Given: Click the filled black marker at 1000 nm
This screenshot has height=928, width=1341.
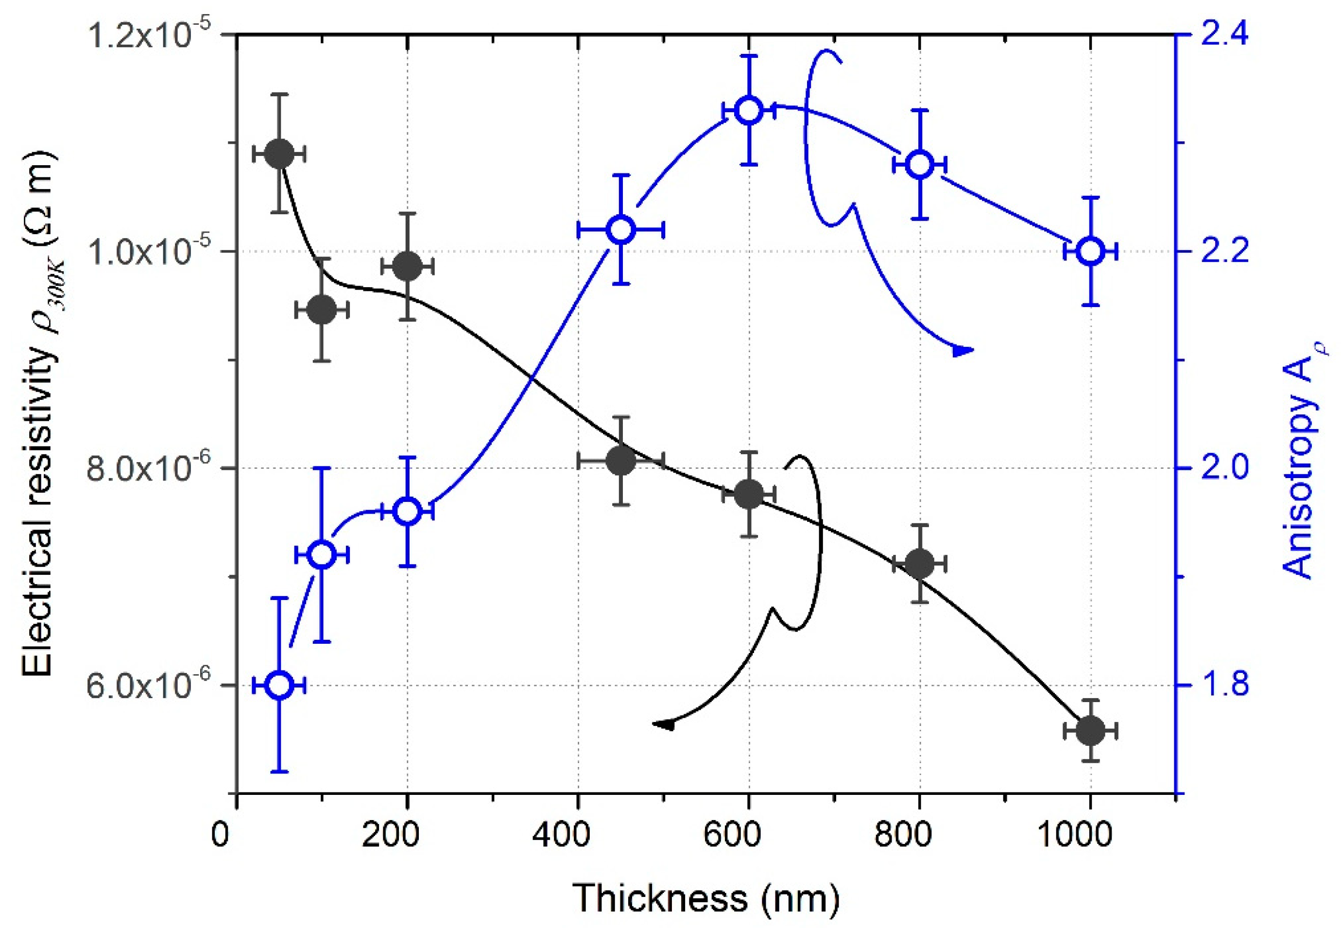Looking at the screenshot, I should (x=1090, y=731).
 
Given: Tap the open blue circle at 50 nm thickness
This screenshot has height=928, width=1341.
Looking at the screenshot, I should (x=279, y=686).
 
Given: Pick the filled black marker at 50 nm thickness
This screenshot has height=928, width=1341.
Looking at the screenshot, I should (x=279, y=154).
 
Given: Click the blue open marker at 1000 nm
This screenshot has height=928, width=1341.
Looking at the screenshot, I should (x=1090, y=251).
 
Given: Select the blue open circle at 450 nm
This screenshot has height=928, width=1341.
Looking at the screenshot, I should (x=620, y=230).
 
